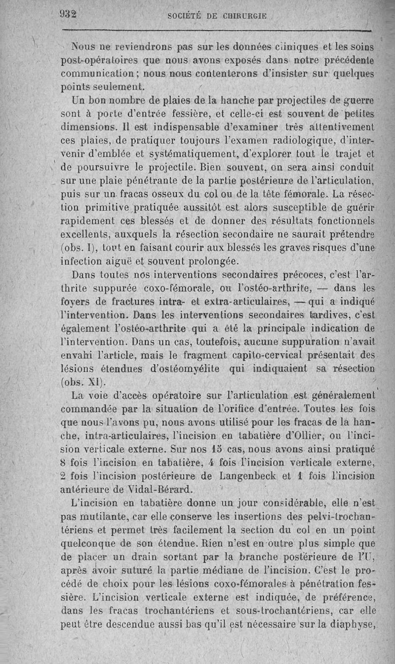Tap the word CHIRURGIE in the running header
[x=241, y=16]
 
